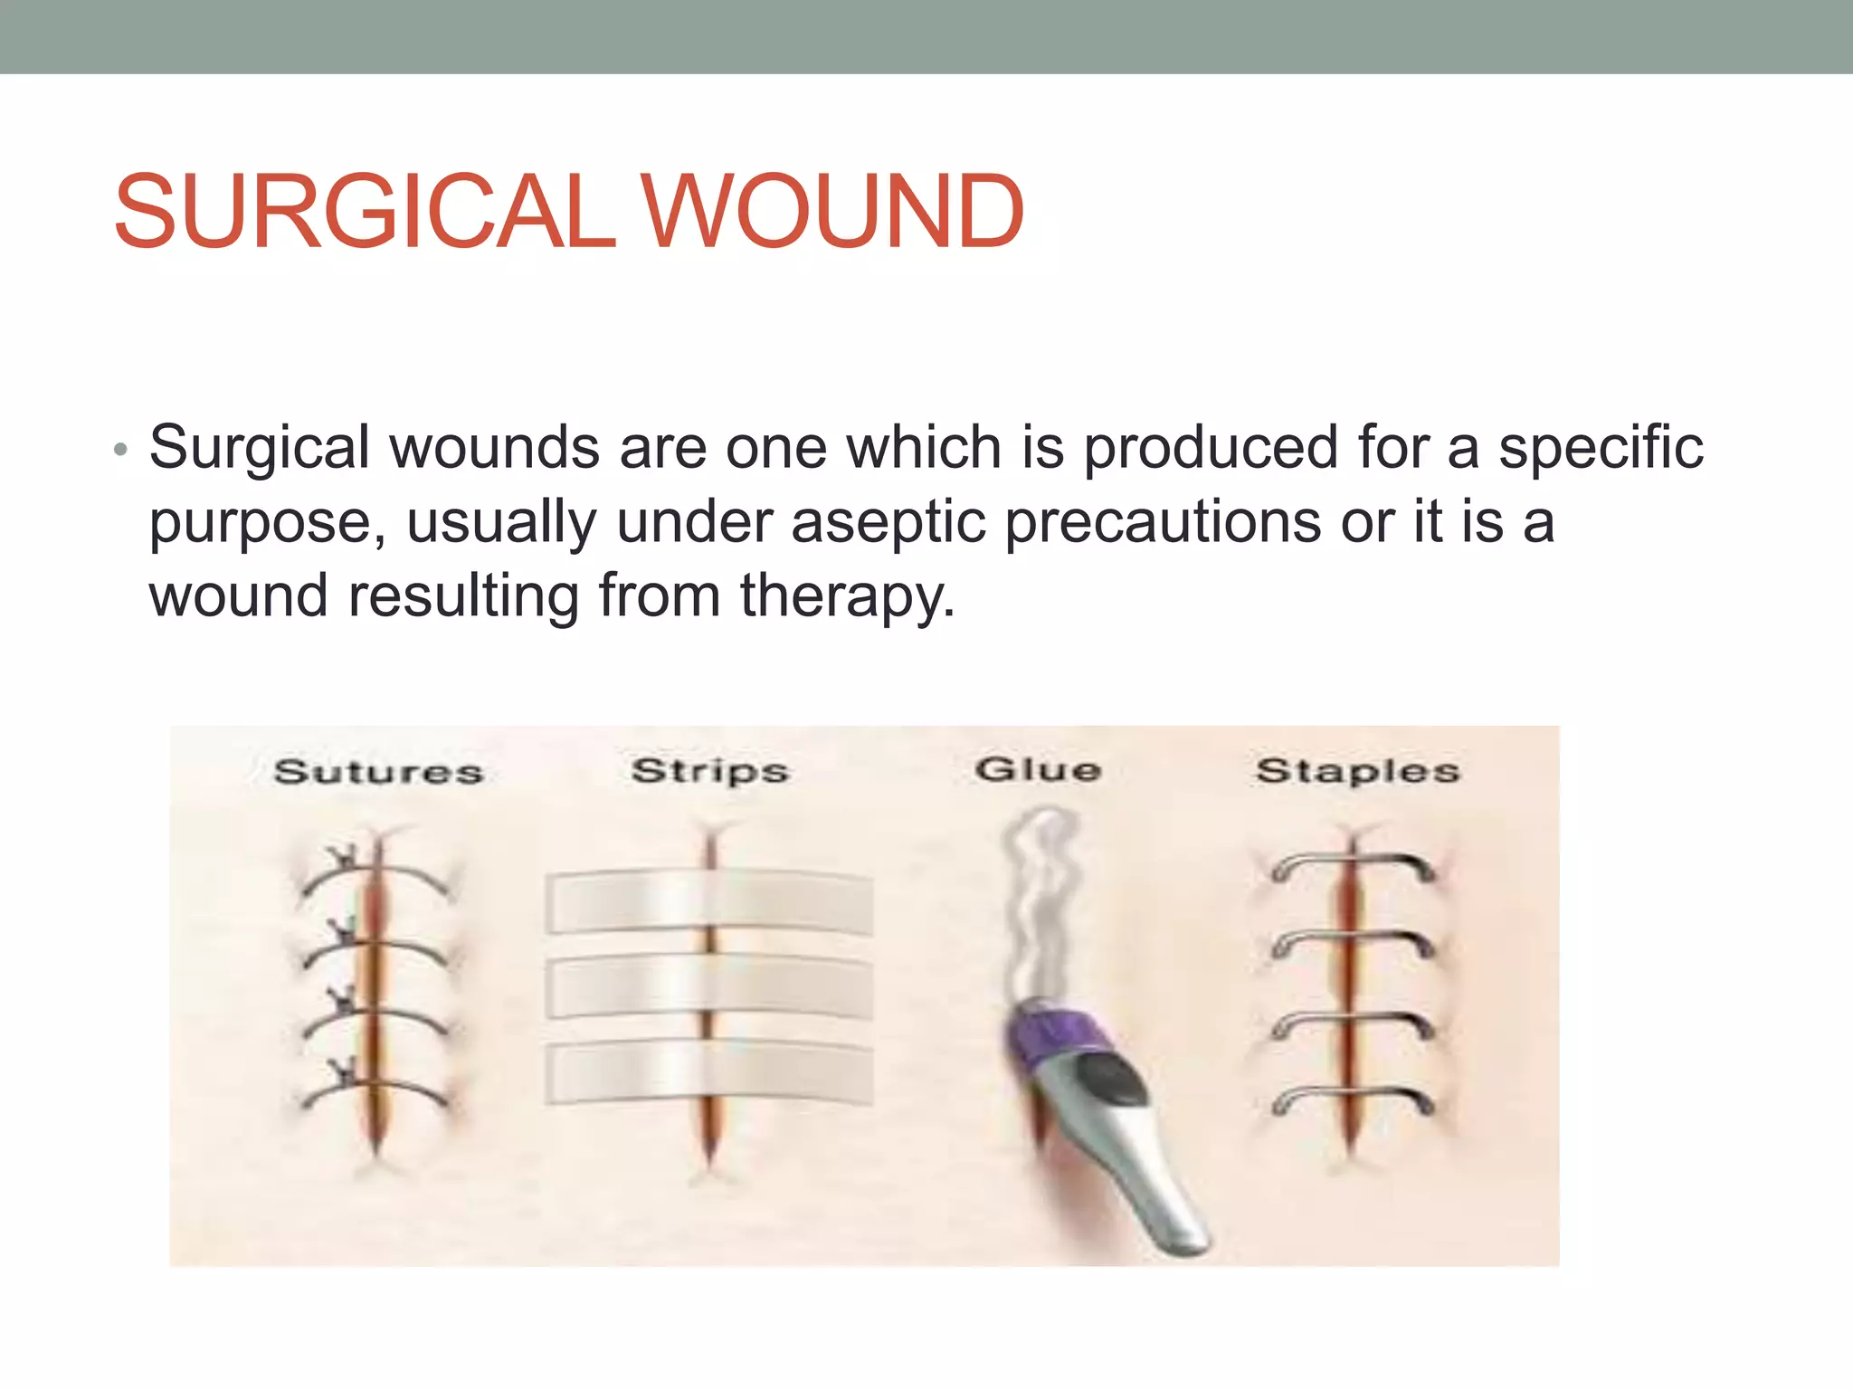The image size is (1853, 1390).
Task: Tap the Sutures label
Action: click(378, 772)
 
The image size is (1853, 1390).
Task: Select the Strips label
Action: click(710, 771)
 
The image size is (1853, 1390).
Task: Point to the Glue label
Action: click(1038, 769)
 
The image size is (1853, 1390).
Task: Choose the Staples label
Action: click(1358, 771)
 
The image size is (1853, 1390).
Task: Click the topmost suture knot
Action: click(345, 855)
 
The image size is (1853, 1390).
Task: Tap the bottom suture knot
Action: click(343, 1074)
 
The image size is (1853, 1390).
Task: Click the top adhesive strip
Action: click(709, 902)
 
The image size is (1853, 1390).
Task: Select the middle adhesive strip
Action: click(709, 988)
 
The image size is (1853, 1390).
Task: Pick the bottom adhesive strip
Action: click(709, 1074)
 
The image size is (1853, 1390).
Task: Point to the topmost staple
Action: click(1354, 865)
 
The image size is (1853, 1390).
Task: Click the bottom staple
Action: click(1354, 1100)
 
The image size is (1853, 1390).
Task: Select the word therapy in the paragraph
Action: click(847, 597)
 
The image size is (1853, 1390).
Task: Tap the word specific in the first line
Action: click(1601, 448)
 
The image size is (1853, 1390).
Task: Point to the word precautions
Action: click(1163, 523)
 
